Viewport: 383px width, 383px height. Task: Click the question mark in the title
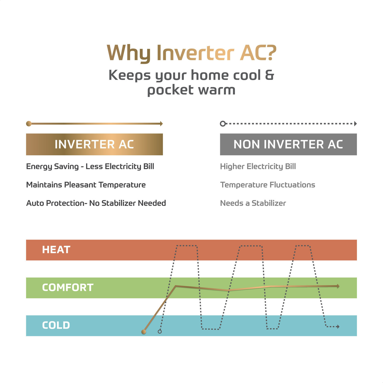tap(270, 53)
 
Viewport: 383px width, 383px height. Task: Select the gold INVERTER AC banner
tap(94, 144)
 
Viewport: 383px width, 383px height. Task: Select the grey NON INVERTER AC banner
tap(288, 144)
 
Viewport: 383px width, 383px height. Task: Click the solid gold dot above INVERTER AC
tap(29, 124)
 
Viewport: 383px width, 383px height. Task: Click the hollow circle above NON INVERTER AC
tap(223, 124)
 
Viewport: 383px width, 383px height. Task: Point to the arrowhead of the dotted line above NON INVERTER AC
tap(355, 124)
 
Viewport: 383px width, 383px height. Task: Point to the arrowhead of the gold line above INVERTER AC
tap(161, 124)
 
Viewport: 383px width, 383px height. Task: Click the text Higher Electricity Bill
tap(258, 167)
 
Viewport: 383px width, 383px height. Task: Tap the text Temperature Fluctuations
tap(268, 185)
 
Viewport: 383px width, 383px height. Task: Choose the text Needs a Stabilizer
tap(253, 203)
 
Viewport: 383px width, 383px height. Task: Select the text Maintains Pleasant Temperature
tap(86, 185)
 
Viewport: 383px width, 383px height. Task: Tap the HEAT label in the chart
tap(56, 250)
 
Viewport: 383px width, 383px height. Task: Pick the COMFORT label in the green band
tap(68, 288)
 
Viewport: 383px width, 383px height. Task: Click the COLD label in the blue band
tap(56, 325)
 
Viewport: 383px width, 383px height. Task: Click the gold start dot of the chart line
tap(144, 332)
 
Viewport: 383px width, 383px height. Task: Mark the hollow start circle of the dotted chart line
tap(160, 332)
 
